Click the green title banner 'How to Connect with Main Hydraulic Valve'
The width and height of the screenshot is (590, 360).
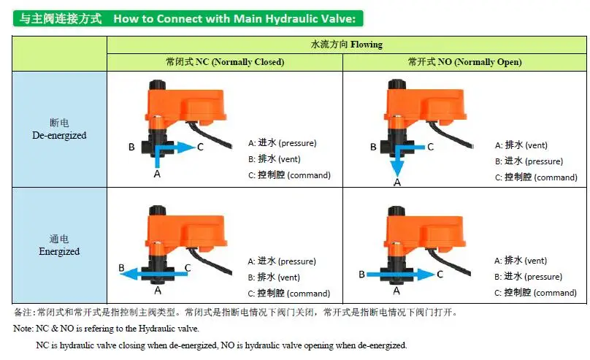pyautogui.click(x=188, y=18)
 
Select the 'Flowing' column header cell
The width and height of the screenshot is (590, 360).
pyautogui.click(x=347, y=45)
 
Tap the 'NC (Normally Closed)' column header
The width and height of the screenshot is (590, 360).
pyautogui.click(x=225, y=62)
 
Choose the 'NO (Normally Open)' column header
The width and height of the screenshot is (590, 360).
pyautogui.click(x=464, y=62)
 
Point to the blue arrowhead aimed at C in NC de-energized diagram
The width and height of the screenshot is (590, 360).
pyautogui.click(x=186, y=148)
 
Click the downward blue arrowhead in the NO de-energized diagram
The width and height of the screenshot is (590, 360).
pyautogui.click(x=397, y=169)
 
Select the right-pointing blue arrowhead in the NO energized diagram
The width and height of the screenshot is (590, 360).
pyautogui.click(x=426, y=275)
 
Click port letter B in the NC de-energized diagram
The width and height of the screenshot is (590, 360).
pyautogui.click(x=131, y=147)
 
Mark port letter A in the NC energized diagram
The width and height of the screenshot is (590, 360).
pyautogui.click(x=158, y=291)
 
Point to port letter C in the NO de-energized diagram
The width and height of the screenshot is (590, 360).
pyautogui.click(x=431, y=147)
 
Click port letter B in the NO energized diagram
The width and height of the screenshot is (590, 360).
pyautogui.click(x=361, y=275)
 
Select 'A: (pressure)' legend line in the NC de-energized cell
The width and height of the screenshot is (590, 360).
pyautogui.click(x=282, y=143)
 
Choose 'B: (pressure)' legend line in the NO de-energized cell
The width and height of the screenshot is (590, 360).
pyautogui.click(x=529, y=161)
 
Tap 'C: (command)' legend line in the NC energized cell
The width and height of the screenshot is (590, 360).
pyautogui.click(x=289, y=293)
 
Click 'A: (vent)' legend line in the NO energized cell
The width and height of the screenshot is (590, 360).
pyautogui.click(x=521, y=260)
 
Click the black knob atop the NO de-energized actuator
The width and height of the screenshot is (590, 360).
pyautogui.click(x=396, y=84)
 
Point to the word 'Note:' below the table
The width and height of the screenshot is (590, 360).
pyautogui.click(x=23, y=329)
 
